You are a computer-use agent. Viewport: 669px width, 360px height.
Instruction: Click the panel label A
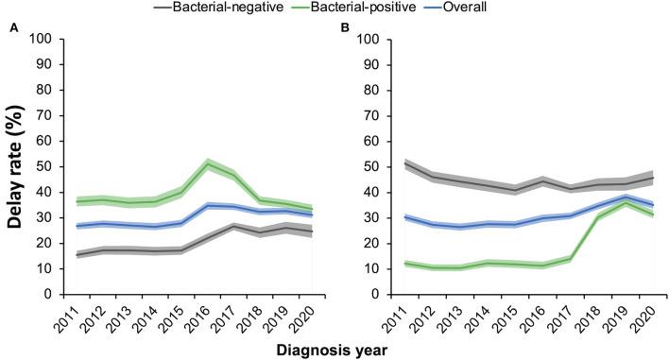pos(14,29)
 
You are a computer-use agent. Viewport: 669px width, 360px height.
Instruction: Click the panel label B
pos(345,29)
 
